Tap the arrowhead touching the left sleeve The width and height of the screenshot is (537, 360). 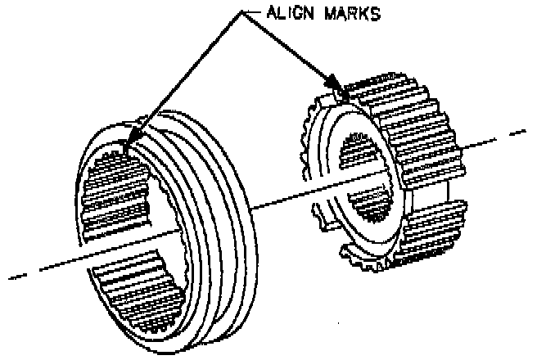[133, 133]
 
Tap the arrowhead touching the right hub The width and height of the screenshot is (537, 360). [334, 83]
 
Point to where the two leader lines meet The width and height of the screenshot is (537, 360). [241, 14]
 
